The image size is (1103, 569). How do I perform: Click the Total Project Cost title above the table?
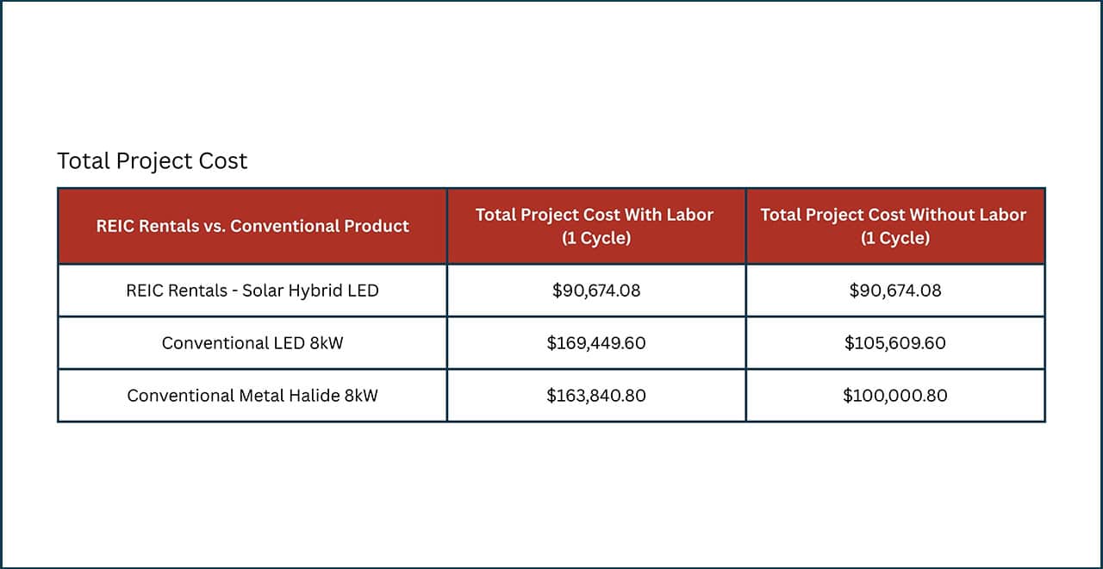point(152,161)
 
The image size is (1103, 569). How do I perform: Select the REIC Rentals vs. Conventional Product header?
point(252,226)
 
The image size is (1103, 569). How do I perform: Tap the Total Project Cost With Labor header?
point(595,216)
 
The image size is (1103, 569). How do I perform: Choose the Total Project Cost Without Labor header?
point(894,216)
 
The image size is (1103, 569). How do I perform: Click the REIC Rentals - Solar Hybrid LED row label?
point(252,291)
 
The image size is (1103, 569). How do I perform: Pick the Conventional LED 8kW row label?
point(252,343)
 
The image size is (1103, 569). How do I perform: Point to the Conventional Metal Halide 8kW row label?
point(252,396)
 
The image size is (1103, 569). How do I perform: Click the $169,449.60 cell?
point(596,343)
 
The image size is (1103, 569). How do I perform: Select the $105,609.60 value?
point(894,343)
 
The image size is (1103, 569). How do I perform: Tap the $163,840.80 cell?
point(596,396)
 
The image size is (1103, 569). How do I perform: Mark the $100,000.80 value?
point(894,396)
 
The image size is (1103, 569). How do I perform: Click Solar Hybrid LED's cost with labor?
point(596,291)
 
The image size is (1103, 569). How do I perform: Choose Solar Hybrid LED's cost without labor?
point(894,291)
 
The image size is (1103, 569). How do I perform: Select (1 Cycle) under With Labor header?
point(596,238)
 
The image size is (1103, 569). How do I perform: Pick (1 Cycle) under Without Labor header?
point(894,238)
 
